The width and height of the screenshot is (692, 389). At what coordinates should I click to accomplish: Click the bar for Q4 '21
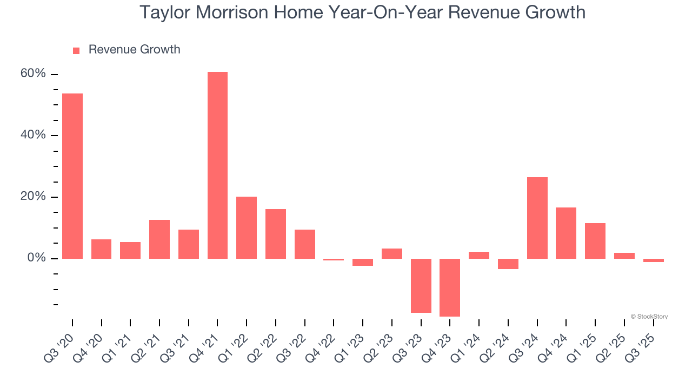pyautogui.click(x=217, y=165)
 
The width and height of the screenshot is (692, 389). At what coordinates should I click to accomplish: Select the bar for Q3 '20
pyautogui.click(x=72, y=176)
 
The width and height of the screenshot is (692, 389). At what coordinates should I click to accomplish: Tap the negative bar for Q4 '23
pyautogui.click(x=450, y=287)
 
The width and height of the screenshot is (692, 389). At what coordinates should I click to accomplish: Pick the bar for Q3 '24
pyautogui.click(x=537, y=218)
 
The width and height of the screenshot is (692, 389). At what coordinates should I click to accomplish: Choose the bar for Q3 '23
pyautogui.click(x=421, y=285)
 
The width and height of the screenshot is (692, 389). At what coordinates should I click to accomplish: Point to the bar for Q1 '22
pyautogui.click(x=247, y=227)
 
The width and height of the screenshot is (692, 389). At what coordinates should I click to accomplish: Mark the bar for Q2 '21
pyautogui.click(x=159, y=239)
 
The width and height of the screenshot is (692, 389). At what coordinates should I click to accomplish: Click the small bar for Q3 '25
pyautogui.click(x=653, y=260)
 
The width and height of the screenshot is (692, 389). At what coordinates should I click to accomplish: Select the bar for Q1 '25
pyautogui.click(x=595, y=240)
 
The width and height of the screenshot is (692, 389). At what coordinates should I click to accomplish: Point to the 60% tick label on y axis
pyautogui.click(x=33, y=74)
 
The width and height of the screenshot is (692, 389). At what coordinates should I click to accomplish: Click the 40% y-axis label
pyautogui.click(x=33, y=135)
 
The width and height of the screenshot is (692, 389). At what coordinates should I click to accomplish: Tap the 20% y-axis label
pyautogui.click(x=33, y=197)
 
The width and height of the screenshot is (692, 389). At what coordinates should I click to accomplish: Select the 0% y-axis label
pyautogui.click(x=36, y=258)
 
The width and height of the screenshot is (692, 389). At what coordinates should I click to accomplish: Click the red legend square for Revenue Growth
pyautogui.click(x=76, y=50)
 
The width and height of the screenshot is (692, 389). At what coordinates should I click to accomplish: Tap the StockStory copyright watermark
pyautogui.click(x=649, y=317)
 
